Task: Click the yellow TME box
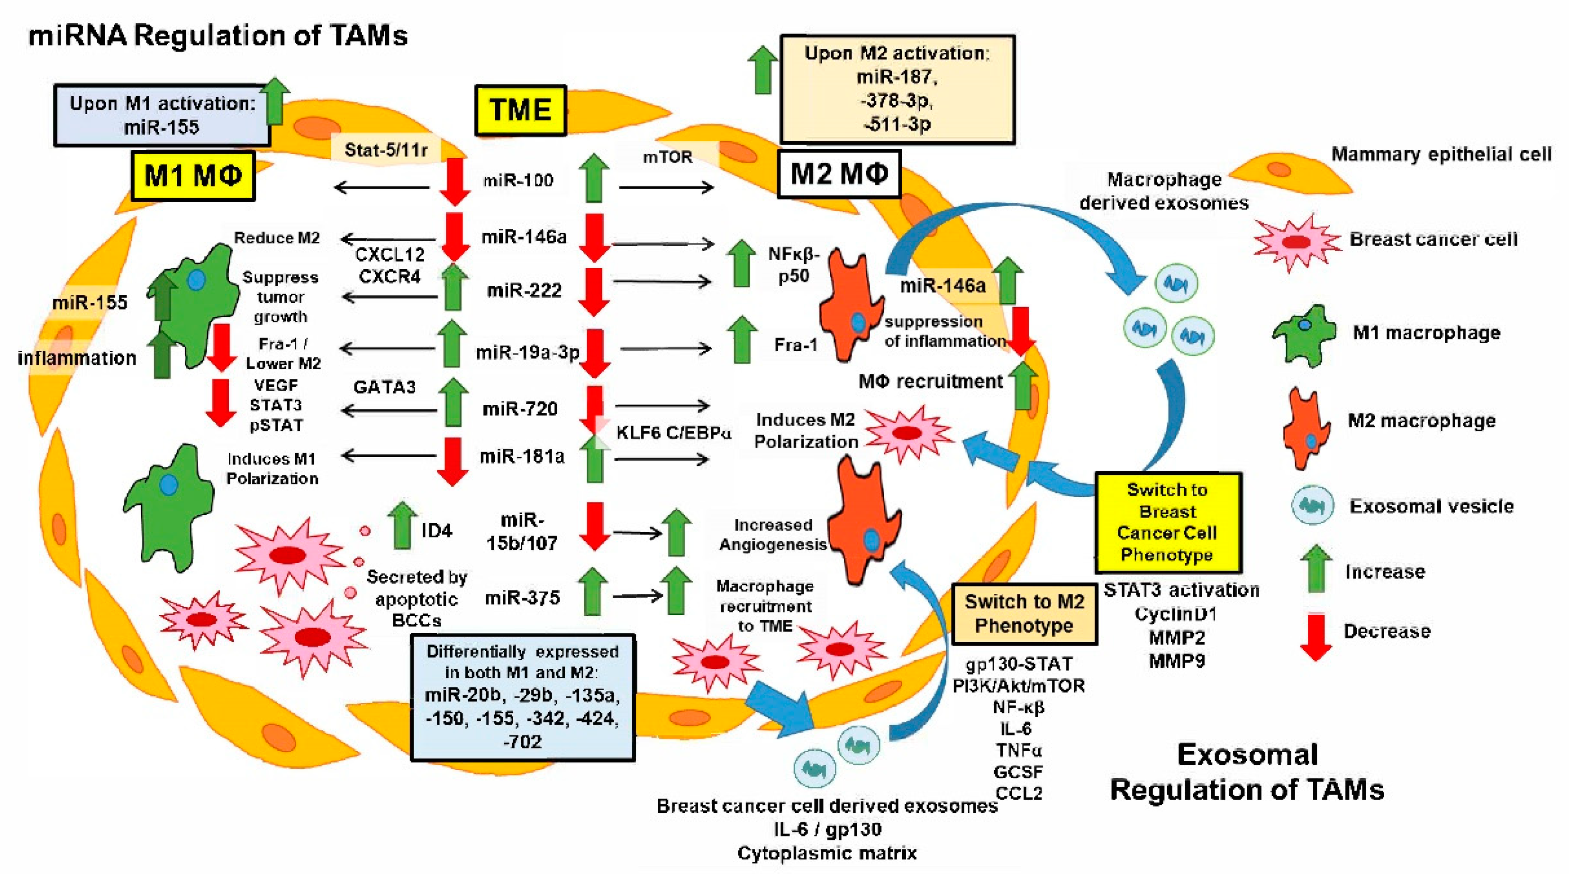(x=520, y=110)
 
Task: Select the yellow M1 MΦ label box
(x=192, y=176)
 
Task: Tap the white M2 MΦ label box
(x=839, y=174)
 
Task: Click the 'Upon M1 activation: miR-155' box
(x=162, y=115)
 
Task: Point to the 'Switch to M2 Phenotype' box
(x=1024, y=613)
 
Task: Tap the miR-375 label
(x=522, y=598)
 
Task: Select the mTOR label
(x=668, y=157)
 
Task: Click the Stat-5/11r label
(x=386, y=150)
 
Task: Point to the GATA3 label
(x=384, y=387)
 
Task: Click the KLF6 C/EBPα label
(x=673, y=433)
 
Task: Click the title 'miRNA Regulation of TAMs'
(x=218, y=36)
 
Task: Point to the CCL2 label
(x=1018, y=793)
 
